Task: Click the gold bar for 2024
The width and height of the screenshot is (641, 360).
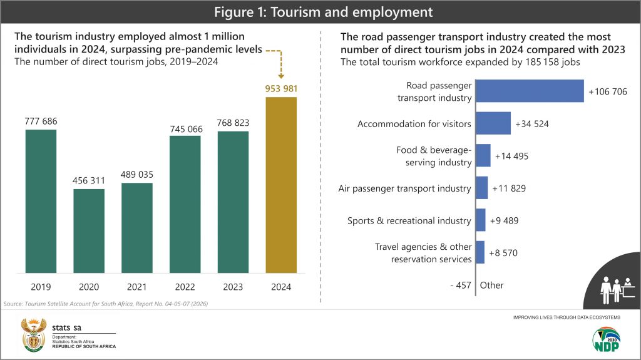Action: pos(281,185)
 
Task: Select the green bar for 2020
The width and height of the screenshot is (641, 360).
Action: pos(89,230)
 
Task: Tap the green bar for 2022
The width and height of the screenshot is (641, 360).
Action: pos(185,203)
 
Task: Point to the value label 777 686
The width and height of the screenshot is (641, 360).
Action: pos(41,121)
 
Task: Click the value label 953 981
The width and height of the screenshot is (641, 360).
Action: pos(281,88)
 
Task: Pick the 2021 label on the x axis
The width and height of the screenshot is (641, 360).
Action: pos(137,287)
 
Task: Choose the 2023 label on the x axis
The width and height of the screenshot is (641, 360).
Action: pos(233,287)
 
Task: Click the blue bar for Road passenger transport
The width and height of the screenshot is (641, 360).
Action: pos(530,91)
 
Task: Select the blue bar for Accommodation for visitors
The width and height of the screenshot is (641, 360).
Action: pos(493,123)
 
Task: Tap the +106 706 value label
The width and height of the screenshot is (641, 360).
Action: pos(607,92)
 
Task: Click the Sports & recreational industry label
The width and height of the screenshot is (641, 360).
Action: pos(409,220)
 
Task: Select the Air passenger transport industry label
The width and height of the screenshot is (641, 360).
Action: pos(404,188)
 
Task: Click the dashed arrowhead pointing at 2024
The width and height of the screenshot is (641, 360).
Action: pos(281,74)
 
